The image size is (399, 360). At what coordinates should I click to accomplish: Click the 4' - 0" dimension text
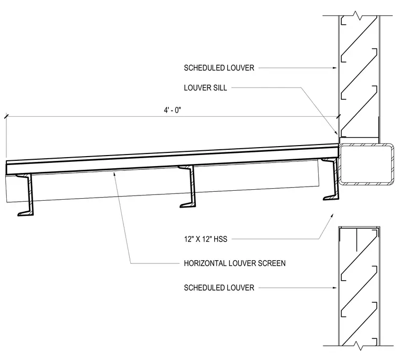click(172, 110)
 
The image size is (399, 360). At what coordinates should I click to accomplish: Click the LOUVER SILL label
click(205, 88)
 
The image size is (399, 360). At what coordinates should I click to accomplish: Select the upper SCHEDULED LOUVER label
click(219, 68)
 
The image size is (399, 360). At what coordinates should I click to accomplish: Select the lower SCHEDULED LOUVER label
click(219, 288)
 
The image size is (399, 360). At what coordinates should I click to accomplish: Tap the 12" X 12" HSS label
click(206, 239)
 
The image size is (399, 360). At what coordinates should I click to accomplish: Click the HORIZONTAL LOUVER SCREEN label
click(235, 263)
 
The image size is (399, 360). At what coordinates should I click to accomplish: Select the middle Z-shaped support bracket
click(188, 187)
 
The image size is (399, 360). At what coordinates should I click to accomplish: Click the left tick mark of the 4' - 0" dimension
click(6, 116)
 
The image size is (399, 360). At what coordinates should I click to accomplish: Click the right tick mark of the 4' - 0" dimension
click(338, 117)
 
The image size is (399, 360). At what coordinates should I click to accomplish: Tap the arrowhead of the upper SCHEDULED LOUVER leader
click(335, 68)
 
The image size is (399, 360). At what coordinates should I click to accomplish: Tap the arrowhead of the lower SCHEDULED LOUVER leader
click(335, 288)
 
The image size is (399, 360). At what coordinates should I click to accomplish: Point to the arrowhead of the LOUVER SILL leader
click(336, 132)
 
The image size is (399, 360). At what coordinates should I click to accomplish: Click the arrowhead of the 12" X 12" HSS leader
click(332, 215)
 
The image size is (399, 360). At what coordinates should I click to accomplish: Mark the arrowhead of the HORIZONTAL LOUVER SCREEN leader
click(114, 174)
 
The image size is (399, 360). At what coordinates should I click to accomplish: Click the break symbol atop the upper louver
click(358, 15)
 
